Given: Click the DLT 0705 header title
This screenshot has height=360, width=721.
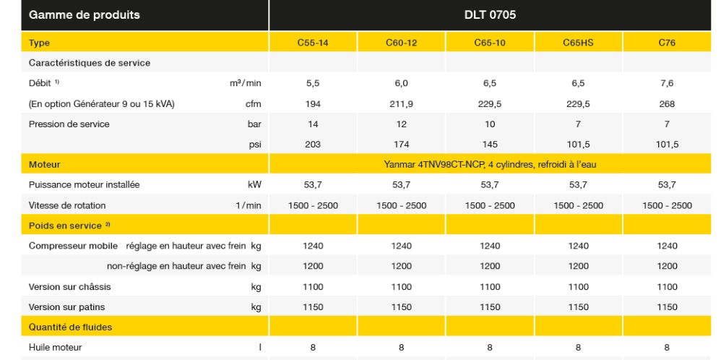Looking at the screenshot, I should tap(489, 14).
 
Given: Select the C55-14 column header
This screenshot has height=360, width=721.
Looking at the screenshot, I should tap(313, 43).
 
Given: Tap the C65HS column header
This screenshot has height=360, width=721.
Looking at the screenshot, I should tap(577, 43).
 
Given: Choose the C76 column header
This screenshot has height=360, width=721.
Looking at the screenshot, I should tap(665, 43).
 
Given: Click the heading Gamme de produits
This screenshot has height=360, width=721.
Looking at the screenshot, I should tap(74, 14).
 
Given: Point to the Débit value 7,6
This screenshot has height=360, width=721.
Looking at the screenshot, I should tap(665, 83).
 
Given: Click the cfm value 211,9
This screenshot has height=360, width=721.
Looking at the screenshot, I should tap(401, 103).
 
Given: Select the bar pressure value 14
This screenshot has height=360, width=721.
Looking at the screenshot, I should tap(313, 124).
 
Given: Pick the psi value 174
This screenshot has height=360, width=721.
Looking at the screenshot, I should tap(401, 144).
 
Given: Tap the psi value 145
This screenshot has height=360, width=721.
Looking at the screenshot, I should tap(489, 144).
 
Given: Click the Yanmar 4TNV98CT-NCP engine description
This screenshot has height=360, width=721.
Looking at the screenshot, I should tap(489, 165).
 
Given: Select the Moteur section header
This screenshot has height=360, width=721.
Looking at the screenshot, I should tap(45, 165).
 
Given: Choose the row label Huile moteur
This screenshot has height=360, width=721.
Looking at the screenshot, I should tap(55, 348).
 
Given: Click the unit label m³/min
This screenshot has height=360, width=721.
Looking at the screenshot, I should tap(245, 83).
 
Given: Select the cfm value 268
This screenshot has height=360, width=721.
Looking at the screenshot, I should tap(665, 103).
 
